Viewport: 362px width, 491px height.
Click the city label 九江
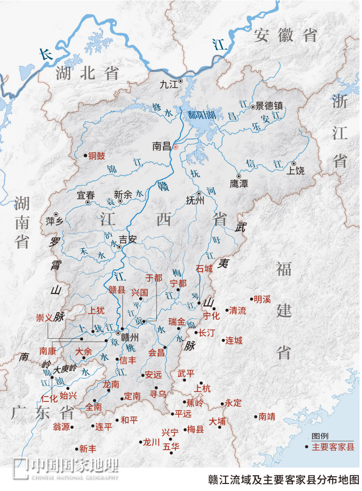(169, 84)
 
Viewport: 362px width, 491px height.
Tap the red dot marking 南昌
(175, 147)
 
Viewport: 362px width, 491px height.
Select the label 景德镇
(269, 106)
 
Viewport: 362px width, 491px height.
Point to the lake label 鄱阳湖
(201, 115)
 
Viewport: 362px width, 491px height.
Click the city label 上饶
(295, 171)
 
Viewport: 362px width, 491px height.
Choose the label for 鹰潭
(239, 184)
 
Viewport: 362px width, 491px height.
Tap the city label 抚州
(195, 200)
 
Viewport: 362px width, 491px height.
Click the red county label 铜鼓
(97, 156)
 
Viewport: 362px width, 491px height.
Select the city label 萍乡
(55, 221)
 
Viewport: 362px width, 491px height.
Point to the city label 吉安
(128, 239)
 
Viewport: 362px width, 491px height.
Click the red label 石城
(204, 269)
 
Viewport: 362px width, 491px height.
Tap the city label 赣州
(130, 337)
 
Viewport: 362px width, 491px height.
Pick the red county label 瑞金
(177, 322)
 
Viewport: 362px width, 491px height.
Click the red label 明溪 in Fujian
(262, 299)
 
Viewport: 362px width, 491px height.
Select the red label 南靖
(267, 417)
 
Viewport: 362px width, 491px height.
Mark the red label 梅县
(195, 429)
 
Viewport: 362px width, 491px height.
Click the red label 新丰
(88, 449)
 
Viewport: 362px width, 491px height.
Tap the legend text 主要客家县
(333, 447)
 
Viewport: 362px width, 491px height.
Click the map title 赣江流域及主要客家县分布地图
(283, 480)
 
